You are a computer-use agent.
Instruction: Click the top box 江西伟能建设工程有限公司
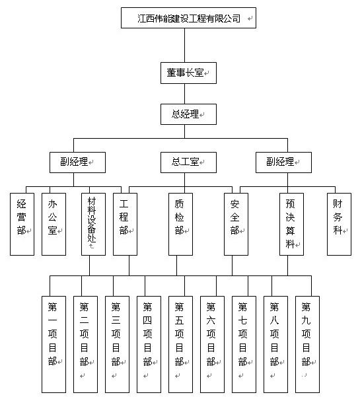[188, 18]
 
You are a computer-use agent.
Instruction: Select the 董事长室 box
[188, 73]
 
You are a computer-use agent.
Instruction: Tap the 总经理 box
[188, 114]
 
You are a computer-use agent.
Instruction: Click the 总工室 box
[188, 162]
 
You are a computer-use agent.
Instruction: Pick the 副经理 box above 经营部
[77, 162]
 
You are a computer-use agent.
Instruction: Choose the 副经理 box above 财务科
[283, 162]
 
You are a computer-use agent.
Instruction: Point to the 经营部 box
[22, 224]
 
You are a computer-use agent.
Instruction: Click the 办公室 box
[54, 224]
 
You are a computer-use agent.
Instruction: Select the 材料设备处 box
[93, 224]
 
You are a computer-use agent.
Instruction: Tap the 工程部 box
[125, 224]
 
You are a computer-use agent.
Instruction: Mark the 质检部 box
[180, 224]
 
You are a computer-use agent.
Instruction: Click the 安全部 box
[236, 224]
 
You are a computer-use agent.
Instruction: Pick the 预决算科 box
[291, 224]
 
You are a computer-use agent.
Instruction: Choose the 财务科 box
[339, 224]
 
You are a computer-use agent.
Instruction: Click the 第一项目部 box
[54, 344]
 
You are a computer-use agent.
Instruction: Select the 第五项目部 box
[180, 344]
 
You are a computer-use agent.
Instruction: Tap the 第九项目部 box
[307, 344]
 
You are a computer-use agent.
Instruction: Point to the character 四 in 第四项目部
[147, 320]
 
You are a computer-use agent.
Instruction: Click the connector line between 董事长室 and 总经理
[184, 94]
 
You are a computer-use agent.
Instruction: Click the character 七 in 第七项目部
[242, 320]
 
